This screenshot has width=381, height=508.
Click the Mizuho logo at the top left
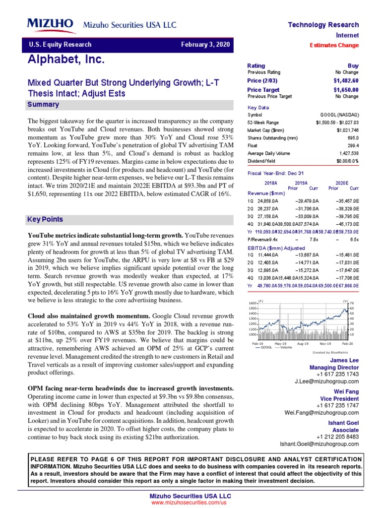(50, 24)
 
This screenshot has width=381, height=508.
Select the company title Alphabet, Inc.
(66, 60)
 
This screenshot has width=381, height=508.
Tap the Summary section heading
(43, 105)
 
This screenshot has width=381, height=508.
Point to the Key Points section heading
(45, 219)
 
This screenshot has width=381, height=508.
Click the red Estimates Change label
(334, 45)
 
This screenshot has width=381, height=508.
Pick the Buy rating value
(353, 65)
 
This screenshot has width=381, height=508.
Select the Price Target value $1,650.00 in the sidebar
(346, 90)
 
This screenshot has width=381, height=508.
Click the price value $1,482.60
(346, 80)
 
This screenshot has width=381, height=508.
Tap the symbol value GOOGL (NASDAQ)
(339, 115)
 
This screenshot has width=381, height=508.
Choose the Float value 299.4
(353, 146)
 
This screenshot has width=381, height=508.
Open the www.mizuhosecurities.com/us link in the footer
(190, 503)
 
